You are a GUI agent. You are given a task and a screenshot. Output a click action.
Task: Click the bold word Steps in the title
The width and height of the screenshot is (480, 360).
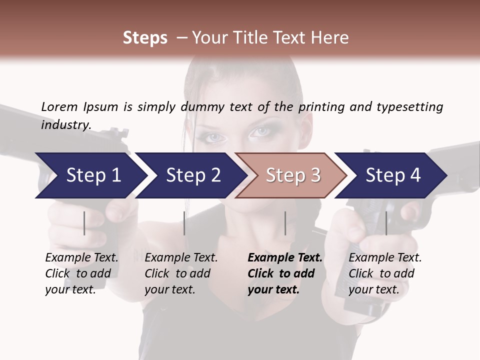(145, 37)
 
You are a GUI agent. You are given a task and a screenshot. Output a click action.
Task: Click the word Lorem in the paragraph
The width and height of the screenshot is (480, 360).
(59, 106)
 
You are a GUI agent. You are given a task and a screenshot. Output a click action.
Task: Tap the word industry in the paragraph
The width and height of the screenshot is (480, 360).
(65, 124)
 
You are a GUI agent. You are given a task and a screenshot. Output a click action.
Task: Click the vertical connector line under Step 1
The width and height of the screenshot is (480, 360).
(84, 223)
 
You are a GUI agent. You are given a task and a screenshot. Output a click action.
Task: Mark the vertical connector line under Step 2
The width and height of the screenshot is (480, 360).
(184, 223)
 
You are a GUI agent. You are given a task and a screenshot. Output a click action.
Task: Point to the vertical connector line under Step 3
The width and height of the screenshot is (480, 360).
(285, 223)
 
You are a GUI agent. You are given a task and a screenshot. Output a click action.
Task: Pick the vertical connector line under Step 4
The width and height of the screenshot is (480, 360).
(386, 223)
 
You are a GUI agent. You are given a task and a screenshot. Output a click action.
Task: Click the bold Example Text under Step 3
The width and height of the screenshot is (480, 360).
(285, 258)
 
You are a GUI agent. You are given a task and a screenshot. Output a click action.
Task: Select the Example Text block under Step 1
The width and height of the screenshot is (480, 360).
(81, 273)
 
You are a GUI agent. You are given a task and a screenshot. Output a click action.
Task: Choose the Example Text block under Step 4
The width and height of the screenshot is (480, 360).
(385, 273)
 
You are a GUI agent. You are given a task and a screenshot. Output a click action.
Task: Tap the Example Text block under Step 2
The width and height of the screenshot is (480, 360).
(181, 273)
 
